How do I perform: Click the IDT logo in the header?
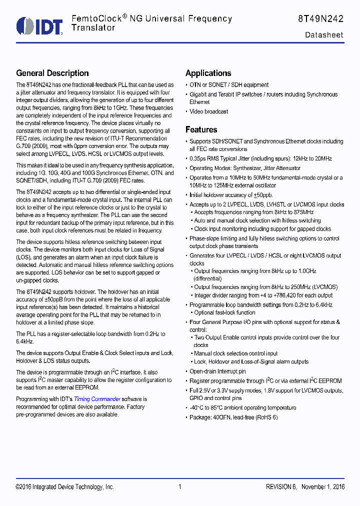tap(39, 26)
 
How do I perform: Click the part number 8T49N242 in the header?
tap(320, 19)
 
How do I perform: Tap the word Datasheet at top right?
tap(324, 35)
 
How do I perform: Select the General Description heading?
tap(52, 73)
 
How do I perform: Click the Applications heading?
tap(208, 73)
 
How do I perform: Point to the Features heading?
tap(201, 129)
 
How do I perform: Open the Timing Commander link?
tap(97, 399)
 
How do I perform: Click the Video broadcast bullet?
tap(208, 111)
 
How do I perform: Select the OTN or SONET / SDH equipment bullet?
tap(229, 85)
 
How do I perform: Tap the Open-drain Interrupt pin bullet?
tap(217, 371)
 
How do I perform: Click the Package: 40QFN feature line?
tap(233, 417)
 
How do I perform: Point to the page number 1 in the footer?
tap(179, 487)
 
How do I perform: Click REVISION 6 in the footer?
tap(281, 487)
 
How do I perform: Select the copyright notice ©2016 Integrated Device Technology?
tap(65, 487)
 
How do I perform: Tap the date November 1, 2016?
tap(323, 487)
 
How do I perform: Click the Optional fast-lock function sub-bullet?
tap(224, 312)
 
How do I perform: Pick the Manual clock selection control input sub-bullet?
tap(236, 353)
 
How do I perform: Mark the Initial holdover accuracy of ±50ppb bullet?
tap(231, 195)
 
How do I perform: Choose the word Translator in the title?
tap(93, 28)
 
